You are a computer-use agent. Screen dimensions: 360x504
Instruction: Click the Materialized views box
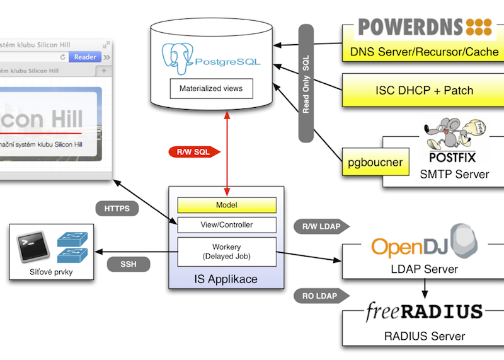pos(211,88)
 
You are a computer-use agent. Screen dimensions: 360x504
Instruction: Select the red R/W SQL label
pos(193,152)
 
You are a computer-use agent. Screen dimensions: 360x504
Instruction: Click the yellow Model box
pos(227,205)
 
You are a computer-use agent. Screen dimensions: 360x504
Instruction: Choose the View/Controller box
pos(227,224)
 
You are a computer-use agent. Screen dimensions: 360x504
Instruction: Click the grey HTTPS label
pos(117,209)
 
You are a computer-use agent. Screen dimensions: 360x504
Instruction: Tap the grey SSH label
pos(129,264)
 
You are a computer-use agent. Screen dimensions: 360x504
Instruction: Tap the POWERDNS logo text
pos(412,27)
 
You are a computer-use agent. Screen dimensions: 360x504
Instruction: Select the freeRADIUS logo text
pos(425,311)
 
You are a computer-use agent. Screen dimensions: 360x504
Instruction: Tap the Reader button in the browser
pos(85,57)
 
